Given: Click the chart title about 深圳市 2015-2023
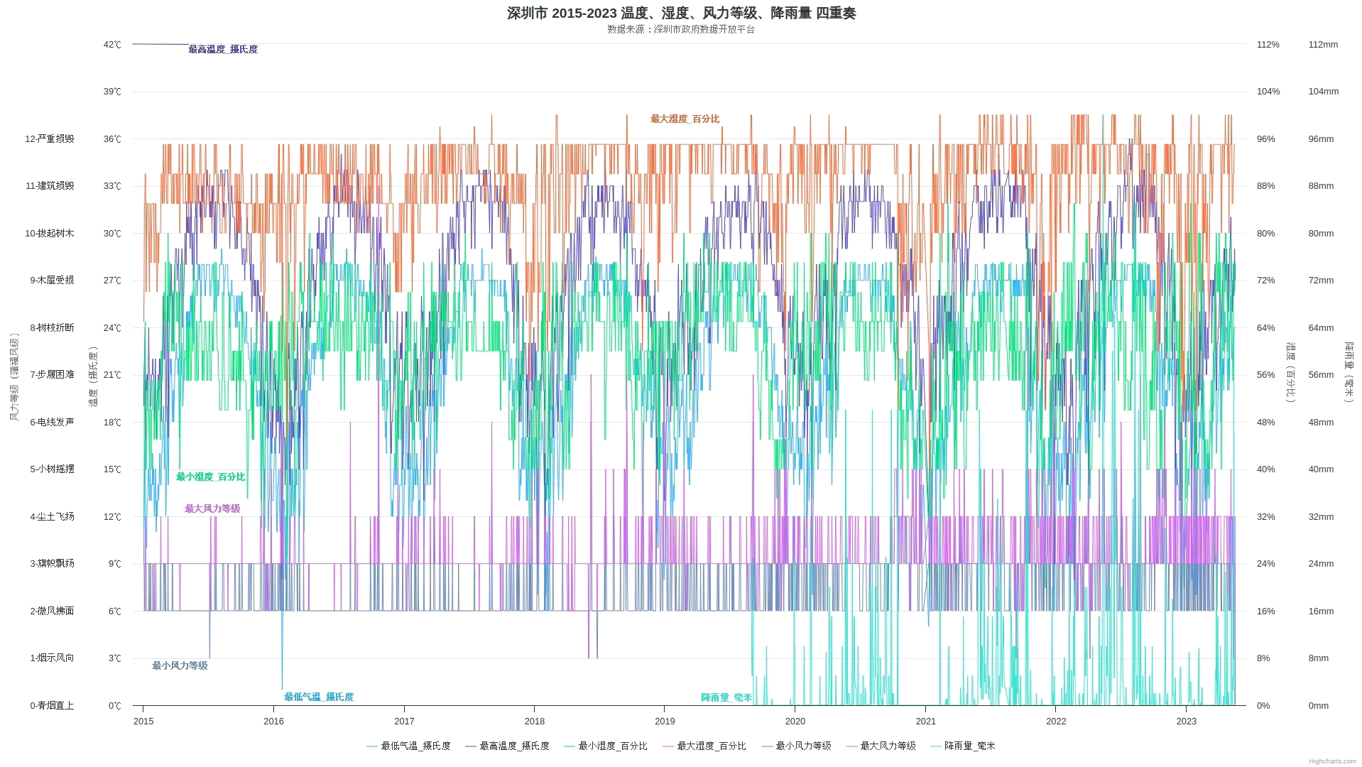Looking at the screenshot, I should pos(681,13).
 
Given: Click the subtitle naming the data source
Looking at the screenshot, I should pos(681,30).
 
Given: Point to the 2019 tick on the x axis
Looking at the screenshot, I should pos(665,722).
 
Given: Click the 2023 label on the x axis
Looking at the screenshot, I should pos(1186,722).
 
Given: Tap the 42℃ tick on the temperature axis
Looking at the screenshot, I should pos(112,45).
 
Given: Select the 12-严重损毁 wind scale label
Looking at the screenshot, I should pos(50,139).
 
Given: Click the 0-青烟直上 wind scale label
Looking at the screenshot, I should pos(52,706).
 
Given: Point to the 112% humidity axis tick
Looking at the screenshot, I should pos(1268,45).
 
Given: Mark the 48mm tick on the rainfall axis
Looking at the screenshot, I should pos(1321,423).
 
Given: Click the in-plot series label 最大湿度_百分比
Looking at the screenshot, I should pos(685,119).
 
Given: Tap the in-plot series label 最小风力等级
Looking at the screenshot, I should pos(180,666).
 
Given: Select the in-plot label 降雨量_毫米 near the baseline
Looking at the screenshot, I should pos(726,697).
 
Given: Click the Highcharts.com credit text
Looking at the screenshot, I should pos(1331,761).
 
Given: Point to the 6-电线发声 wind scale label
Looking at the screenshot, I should pos(52,423).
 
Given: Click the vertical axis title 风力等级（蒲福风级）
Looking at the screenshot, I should pos(14,376).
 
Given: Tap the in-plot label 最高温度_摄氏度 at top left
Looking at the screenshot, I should pos(223,50).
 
